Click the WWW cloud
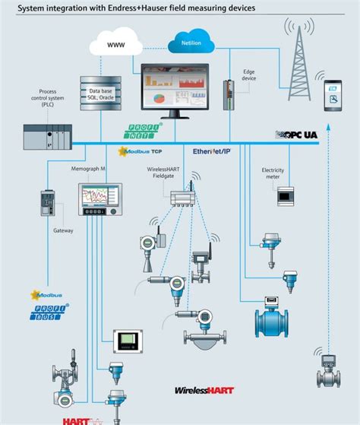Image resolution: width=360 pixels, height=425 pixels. pyautogui.click(x=115, y=45)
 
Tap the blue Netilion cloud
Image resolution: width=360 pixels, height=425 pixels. pyautogui.click(x=190, y=42)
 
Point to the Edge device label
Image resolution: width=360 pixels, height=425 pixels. pyautogui.click(x=248, y=75)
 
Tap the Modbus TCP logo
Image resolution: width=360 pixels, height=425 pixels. pyautogui.click(x=142, y=151)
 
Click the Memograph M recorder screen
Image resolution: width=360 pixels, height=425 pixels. pyautogui.click(x=99, y=198)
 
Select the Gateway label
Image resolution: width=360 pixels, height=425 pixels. pyautogui.click(x=62, y=230)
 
